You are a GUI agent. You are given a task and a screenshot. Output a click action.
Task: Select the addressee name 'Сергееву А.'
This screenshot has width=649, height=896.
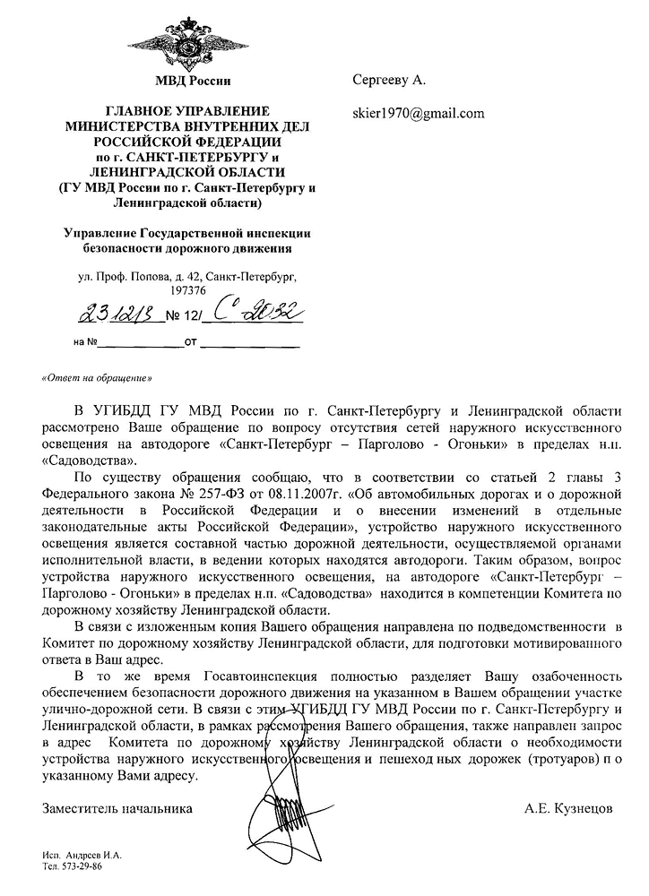pyautogui.click(x=388, y=82)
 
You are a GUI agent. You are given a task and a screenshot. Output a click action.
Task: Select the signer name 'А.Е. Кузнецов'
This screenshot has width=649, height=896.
pyautogui.click(x=568, y=807)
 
